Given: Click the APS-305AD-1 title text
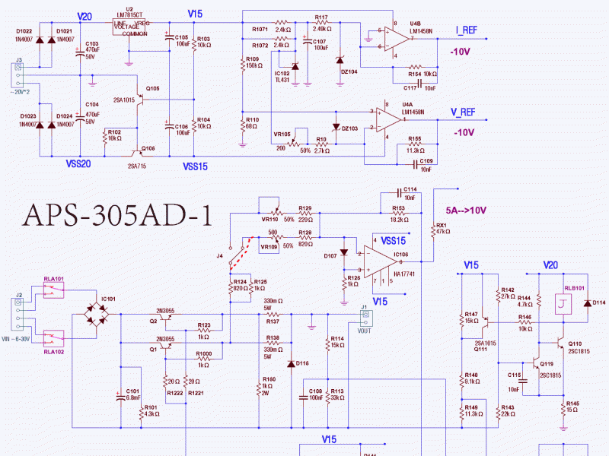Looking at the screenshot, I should click(x=118, y=215).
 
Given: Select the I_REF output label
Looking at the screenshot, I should click(x=467, y=30).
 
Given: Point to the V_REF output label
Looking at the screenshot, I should click(x=463, y=112).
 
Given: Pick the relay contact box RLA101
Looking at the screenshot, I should click(x=53, y=291).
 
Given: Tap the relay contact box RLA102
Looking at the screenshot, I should click(x=53, y=337).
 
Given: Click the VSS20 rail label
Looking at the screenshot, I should click(x=79, y=163).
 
